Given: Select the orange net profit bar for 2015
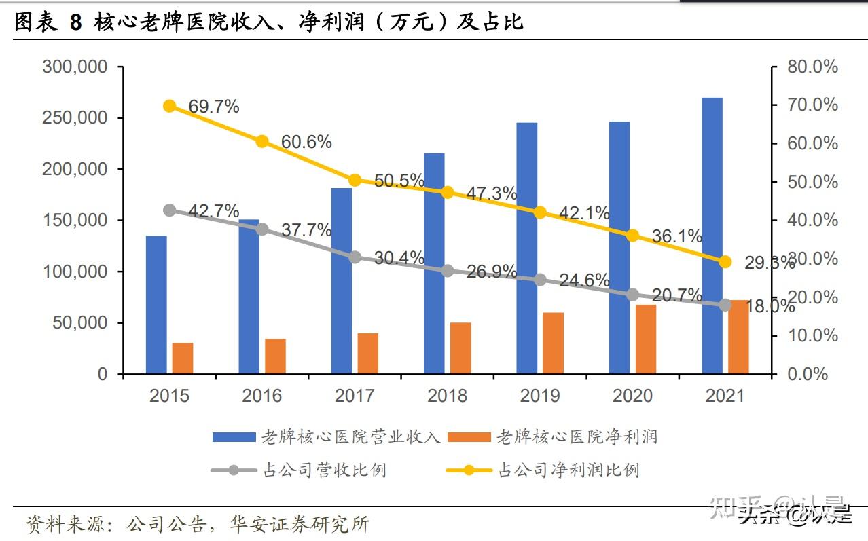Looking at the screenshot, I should [x=182, y=358].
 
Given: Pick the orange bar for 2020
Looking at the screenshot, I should [x=646, y=339].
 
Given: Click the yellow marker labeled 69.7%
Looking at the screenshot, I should [x=170, y=106].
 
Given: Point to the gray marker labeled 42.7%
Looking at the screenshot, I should [x=170, y=210].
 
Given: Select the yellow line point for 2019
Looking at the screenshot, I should [x=540, y=212].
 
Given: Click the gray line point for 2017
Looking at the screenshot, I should [x=355, y=257].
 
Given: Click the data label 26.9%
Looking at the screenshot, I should [x=491, y=272].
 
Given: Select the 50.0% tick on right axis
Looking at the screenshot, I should [x=812, y=182].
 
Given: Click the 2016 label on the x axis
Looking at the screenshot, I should [x=262, y=396].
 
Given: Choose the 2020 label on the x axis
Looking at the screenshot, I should [x=632, y=396].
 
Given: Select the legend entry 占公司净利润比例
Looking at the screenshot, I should [x=568, y=470].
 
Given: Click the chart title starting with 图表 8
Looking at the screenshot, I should [x=269, y=22].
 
